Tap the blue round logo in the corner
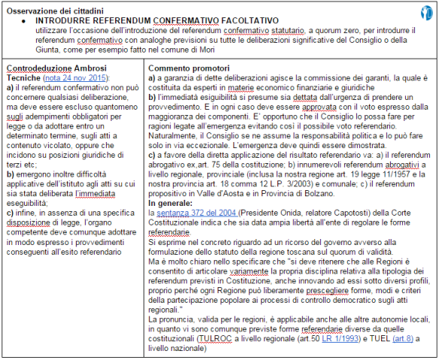(427, 10)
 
